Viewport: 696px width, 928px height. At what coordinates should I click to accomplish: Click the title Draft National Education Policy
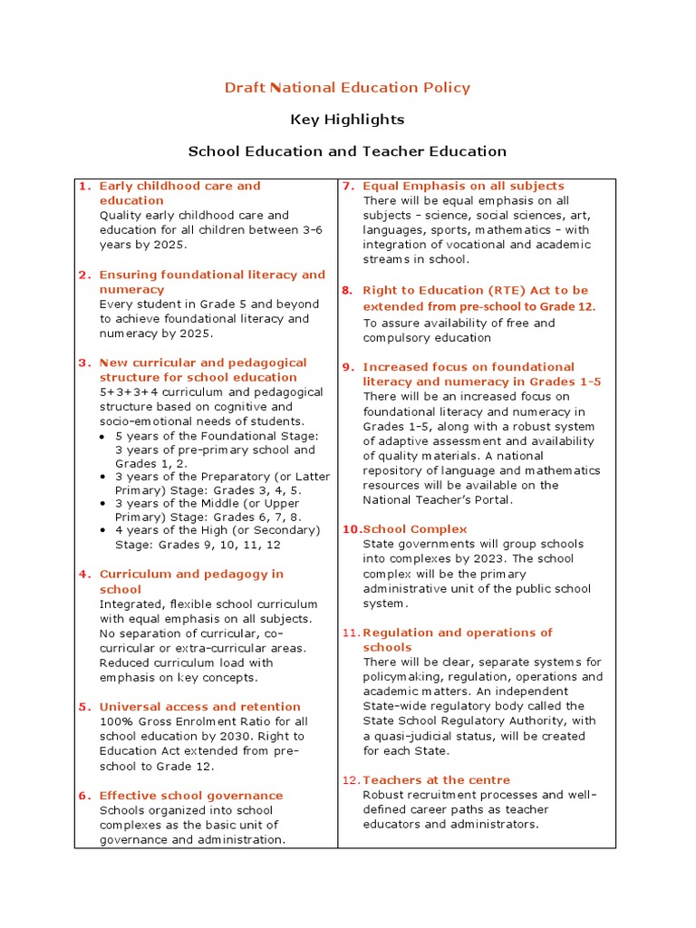coord(347,88)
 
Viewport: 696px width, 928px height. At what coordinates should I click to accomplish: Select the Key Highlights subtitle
coord(347,120)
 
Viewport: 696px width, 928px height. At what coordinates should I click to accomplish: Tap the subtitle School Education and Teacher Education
coord(347,151)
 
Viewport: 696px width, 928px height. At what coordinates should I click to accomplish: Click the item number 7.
coord(347,186)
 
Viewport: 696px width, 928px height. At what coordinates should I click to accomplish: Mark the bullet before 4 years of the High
coord(104,530)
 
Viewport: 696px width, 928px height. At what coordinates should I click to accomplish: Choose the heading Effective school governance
coord(191,796)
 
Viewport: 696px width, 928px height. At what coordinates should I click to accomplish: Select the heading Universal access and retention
coord(199,707)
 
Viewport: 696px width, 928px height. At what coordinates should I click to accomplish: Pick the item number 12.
coord(350,780)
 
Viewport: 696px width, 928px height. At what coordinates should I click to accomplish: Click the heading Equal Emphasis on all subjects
coord(463,186)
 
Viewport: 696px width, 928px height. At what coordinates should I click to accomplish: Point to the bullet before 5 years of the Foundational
coord(104,437)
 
